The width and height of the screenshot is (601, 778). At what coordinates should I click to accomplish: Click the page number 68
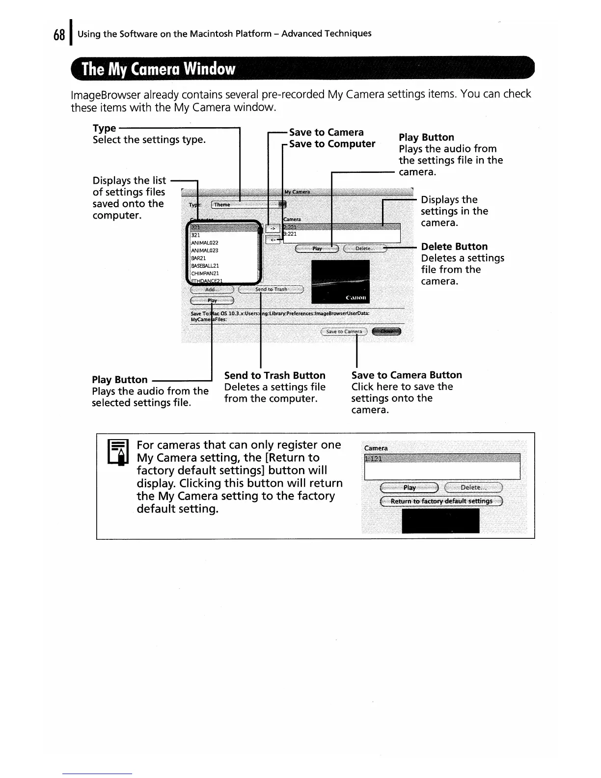[x=59, y=35]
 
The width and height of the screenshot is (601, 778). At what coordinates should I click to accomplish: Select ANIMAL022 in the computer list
[x=205, y=243]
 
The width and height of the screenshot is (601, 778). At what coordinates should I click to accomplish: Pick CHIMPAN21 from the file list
[x=205, y=273]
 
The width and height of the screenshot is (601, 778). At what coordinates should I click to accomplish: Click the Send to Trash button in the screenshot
[x=271, y=289]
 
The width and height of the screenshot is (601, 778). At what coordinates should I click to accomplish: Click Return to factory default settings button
[x=441, y=501]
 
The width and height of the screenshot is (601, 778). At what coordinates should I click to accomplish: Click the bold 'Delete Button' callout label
[x=454, y=247]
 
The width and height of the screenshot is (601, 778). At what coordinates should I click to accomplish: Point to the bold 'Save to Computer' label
[x=332, y=144]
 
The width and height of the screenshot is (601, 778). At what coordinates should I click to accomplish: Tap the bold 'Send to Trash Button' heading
[x=274, y=375]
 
